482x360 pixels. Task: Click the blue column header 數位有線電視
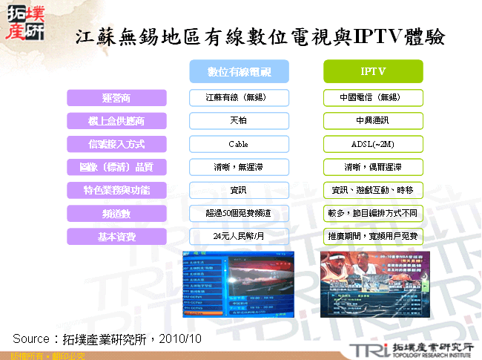tap(238, 71)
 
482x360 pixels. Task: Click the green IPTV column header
tap(373, 71)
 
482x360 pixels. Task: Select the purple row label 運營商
tap(115, 98)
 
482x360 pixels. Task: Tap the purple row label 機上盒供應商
tap(115, 121)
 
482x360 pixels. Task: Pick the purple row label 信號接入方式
tap(115, 144)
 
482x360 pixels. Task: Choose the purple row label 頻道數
tap(115, 213)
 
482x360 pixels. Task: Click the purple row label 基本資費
tap(115, 236)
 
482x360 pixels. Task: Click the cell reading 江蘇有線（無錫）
tap(238, 98)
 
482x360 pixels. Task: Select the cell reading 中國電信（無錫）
tap(373, 98)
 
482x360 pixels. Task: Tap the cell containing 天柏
tap(238, 121)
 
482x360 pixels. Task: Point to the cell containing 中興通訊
tap(373, 121)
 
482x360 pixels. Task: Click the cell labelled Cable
tap(238, 144)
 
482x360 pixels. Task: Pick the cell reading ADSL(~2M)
tap(373, 144)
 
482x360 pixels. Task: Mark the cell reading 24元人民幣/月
tap(238, 236)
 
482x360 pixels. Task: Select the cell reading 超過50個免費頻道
tap(238, 213)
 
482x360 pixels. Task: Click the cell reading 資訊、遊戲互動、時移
tap(373, 190)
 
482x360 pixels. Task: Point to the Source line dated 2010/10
tap(108, 338)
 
